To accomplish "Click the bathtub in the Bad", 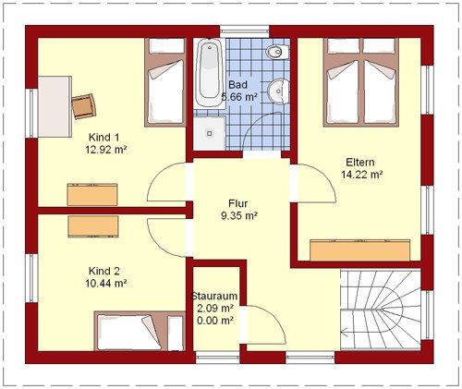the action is pos(210,73).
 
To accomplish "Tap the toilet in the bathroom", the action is pos(277,52).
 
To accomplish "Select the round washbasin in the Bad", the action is pos(278,91).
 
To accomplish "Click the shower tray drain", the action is pos(210,134).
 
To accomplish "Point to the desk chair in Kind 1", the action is pos(84,106).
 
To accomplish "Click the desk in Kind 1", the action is pos(55,106).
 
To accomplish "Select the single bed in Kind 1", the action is pos(165,82).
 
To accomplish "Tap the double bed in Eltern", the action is pos(361,82).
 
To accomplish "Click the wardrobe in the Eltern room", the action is pos(360,250).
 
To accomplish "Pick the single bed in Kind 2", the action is pos(140,331).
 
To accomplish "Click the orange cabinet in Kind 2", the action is pos(93,226).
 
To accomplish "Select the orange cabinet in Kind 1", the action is pos(92,195).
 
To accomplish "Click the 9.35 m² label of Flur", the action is pos(239,216).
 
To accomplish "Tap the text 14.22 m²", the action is pos(362,175).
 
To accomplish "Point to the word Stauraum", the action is pos(214,297).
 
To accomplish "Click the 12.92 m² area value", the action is pos(106,150).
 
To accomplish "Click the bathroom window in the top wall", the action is pos(245,31).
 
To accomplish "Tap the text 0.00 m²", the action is pos(214,321).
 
